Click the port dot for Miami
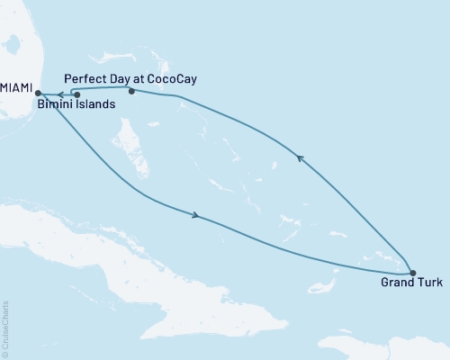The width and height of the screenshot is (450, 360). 37,93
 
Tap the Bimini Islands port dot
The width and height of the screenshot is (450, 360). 76,94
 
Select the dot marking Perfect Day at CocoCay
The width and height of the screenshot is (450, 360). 131,91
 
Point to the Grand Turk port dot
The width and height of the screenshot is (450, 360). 412,273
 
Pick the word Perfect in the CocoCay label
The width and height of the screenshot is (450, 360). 85,79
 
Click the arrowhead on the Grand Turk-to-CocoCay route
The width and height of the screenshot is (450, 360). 301,158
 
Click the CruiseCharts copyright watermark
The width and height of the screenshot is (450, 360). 5,329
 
